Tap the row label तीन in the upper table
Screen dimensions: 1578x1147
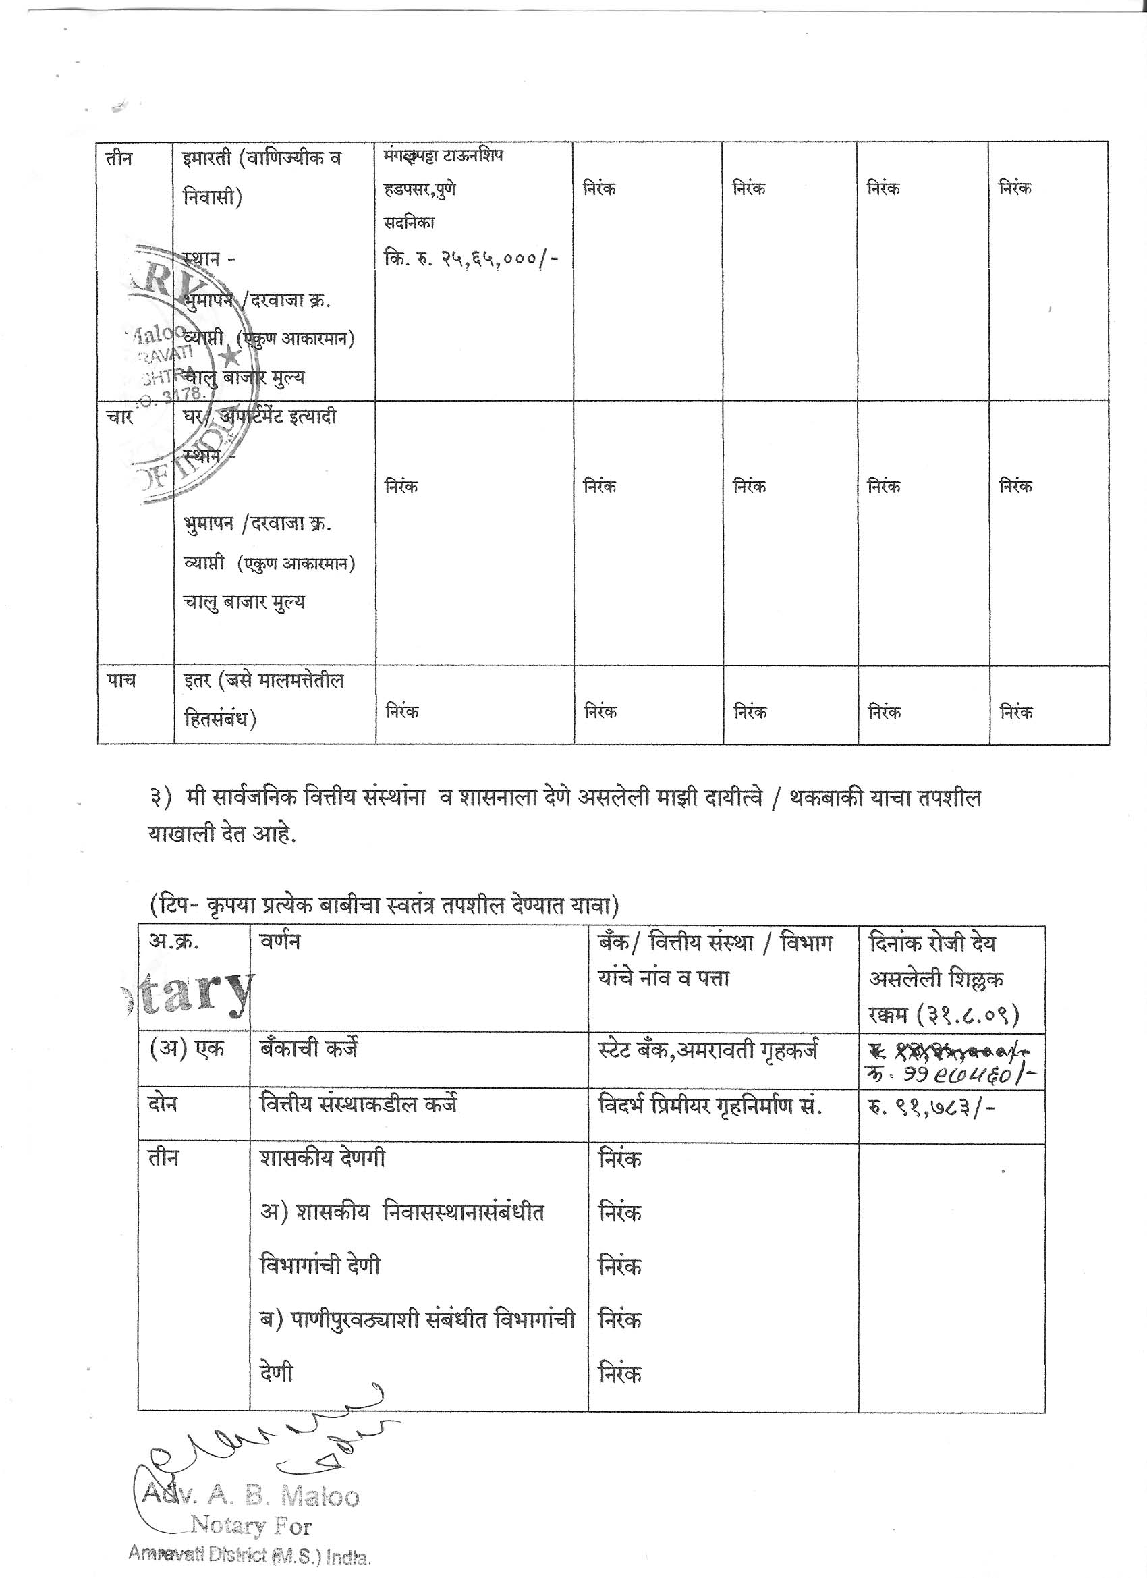pyautogui.click(x=118, y=159)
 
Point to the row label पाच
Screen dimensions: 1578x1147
pyautogui.click(x=120, y=680)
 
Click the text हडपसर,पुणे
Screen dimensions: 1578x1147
pyautogui.click(x=420, y=189)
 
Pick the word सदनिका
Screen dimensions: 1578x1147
pyautogui.click(x=409, y=223)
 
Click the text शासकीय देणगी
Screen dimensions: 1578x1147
pyautogui.click(x=322, y=1159)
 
